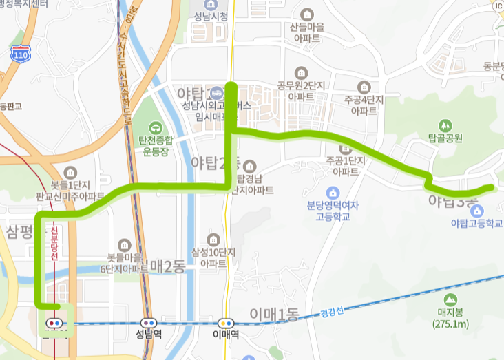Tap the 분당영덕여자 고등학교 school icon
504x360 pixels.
(x=333, y=191)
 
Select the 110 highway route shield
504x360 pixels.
(x=21, y=54)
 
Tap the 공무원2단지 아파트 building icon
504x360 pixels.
(x=301, y=72)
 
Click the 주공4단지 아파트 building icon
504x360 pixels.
(x=365, y=87)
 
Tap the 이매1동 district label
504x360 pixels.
(x=274, y=316)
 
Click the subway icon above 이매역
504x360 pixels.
(x=225, y=323)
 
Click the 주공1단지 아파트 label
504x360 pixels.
(x=342, y=166)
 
